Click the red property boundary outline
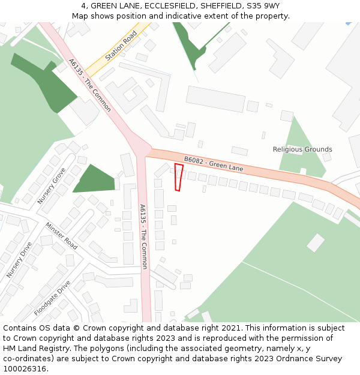coord(178,177)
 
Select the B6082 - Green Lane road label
coord(214,164)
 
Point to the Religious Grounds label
coord(302,149)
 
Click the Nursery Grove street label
coord(52,185)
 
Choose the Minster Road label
coord(61,236)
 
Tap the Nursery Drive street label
coord(19,260)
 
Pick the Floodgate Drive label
coord(52,298)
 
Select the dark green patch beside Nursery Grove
coord(94,179)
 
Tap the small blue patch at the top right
coord(349,23)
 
